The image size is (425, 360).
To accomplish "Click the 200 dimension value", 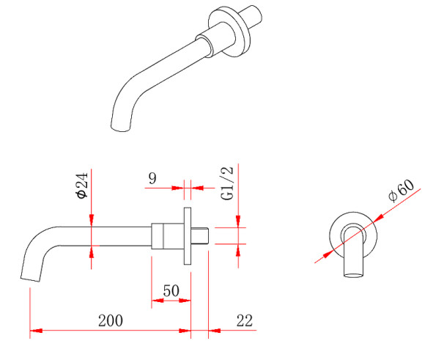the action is [111, 320].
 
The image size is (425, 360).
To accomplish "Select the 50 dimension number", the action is [171, 291].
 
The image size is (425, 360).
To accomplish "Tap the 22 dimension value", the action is [245, 320].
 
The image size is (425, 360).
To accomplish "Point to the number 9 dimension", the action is [152, 178].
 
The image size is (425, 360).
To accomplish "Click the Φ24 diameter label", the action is [82, 185].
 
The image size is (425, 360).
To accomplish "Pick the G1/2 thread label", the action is [227, 183].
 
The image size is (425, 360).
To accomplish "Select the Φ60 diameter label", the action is [401, 190].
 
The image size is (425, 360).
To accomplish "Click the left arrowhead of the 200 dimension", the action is [36, 331].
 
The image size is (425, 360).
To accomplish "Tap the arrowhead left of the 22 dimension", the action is [215, 331].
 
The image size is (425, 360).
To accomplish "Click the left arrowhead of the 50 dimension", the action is [158, 301].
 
